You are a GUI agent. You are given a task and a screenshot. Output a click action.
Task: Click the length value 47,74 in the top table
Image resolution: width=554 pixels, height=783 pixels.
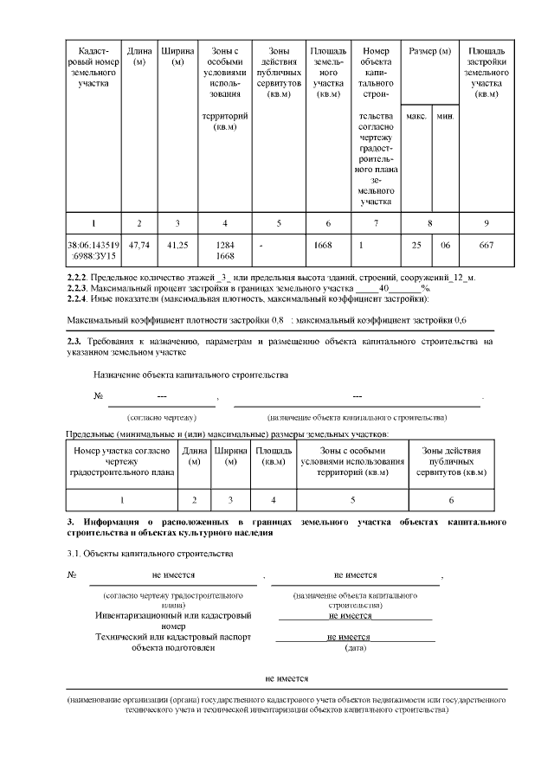coord(139,246)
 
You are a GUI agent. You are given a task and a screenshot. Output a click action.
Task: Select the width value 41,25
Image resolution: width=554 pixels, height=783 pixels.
coord(177,246)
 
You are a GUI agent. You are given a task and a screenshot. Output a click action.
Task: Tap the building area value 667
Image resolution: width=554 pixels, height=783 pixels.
coord(486,246)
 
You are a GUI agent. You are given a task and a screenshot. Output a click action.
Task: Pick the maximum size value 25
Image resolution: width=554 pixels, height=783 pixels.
coord(416,246)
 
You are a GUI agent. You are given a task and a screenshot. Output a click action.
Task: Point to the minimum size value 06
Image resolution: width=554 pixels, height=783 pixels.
coord(445,246)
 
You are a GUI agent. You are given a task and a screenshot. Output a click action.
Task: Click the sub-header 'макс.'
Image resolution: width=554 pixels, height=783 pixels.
coord(416,116)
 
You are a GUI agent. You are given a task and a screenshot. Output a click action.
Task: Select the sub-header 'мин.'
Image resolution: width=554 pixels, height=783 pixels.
coord(445,116)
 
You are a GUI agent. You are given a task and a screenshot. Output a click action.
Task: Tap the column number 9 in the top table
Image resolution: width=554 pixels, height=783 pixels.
coord(486,223)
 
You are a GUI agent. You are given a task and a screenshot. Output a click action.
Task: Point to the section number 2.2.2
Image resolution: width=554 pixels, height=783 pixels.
coord(82,277)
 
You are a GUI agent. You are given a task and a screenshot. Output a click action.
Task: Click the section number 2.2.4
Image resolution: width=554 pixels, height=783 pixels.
coord(82,299)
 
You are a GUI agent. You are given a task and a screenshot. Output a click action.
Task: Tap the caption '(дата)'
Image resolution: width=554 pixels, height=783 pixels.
coord(355,647)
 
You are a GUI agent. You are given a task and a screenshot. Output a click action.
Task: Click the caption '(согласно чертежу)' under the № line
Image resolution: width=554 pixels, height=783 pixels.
coord(162,417)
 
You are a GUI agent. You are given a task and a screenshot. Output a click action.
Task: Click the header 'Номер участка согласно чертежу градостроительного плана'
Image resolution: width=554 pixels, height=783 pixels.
coord(122,462)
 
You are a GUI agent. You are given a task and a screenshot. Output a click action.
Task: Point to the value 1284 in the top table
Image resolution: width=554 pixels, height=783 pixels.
coord(225,245)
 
